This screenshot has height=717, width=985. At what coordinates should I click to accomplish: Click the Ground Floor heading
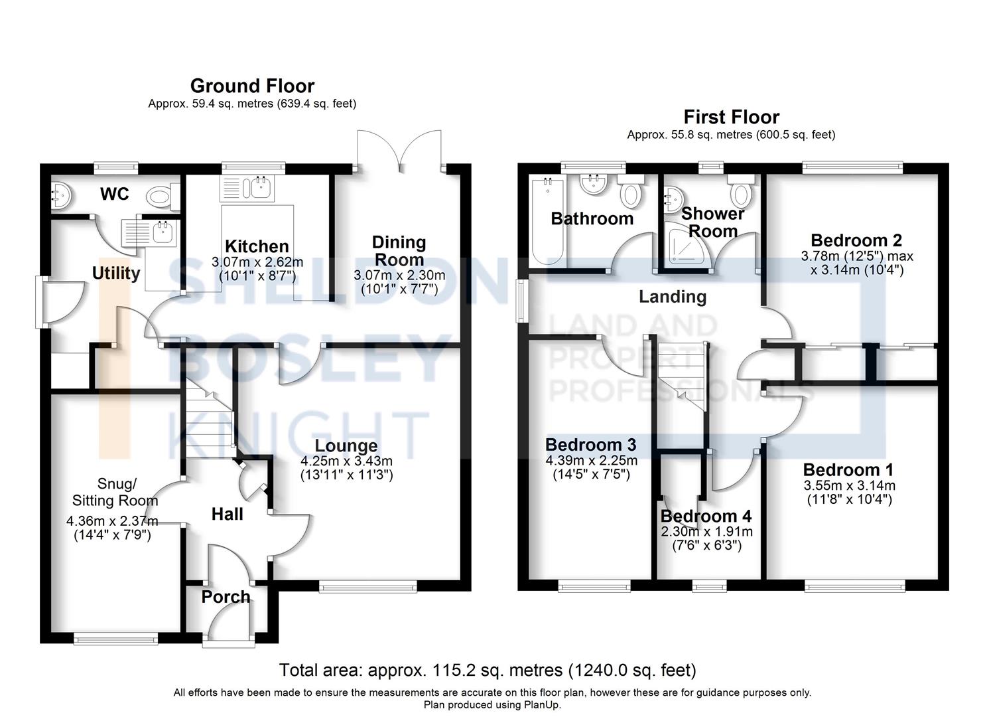[253, 86]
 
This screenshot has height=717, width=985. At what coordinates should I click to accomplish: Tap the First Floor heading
[731, 117]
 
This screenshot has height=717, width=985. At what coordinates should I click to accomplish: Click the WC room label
[114, 194]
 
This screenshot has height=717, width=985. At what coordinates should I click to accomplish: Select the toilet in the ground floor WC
[163, 197]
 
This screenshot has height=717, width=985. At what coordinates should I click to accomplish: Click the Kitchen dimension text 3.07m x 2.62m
[257, 262]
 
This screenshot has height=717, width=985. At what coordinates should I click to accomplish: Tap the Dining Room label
[399, 251]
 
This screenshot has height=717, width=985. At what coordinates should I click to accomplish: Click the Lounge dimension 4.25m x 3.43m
[346, 461]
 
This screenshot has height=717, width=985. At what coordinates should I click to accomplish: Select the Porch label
[226, 597]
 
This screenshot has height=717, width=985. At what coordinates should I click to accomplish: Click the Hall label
[227, 514]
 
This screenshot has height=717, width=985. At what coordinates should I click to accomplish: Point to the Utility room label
[116, 274]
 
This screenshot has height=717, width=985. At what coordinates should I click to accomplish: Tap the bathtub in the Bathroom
[547, 221]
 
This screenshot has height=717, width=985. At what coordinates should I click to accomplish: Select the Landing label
[673, 297]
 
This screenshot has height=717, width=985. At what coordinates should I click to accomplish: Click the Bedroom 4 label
[706, 516]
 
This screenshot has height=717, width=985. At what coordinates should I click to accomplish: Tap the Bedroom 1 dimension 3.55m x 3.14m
[850, 485]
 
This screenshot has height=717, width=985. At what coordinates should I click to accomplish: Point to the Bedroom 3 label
[590, 445]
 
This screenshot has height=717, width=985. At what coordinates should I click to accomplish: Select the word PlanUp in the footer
[542, 704]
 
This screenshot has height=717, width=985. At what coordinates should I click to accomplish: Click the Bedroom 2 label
[856, 240]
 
